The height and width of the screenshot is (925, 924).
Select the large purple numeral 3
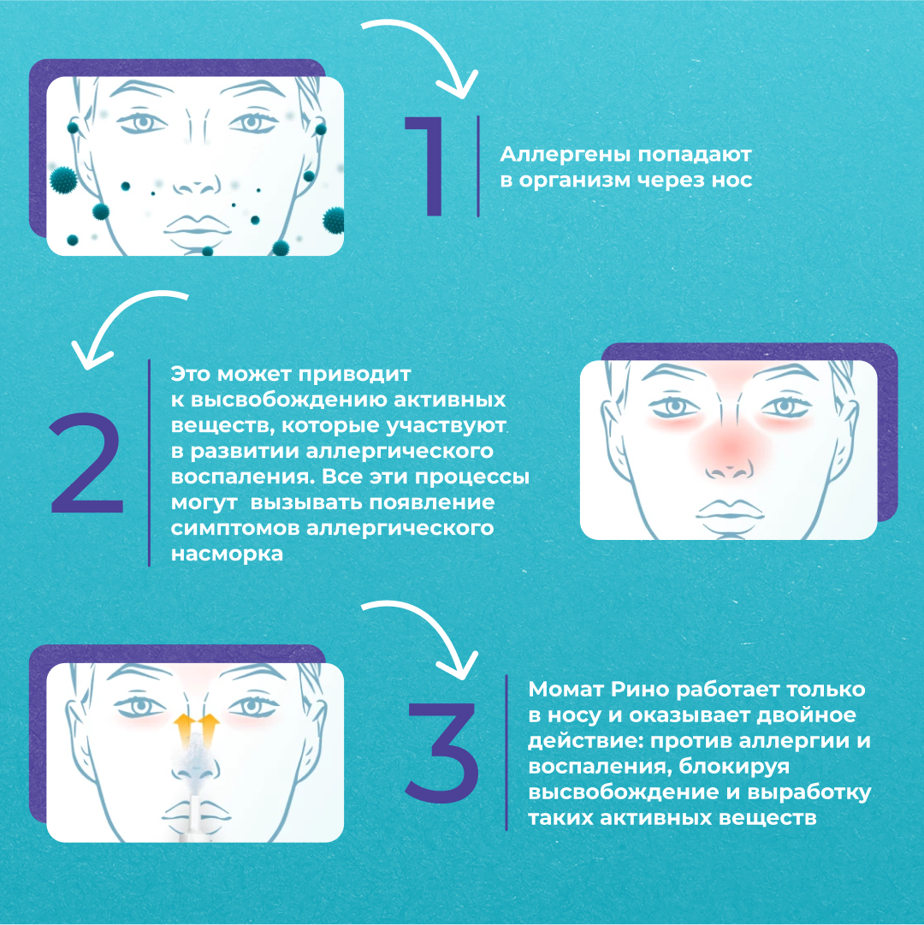coord(442,752)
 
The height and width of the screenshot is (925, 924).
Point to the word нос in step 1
coord(731,180)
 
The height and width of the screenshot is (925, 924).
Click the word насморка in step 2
coord(227,554)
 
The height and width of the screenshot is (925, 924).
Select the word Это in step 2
coord(191,374)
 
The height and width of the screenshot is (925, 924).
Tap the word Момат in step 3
coord(566,689)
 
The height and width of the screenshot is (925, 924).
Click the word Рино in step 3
coord(640,691)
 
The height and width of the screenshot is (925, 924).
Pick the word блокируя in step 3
coord(734,767)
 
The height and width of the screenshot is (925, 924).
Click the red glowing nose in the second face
coord(730,449)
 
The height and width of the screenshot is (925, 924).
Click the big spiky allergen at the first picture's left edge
coord(63,180)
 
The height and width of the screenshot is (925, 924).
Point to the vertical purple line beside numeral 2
coord(149,463)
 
